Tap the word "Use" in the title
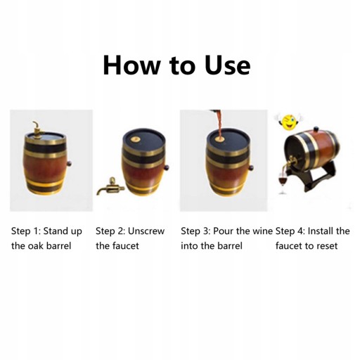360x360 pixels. tap(227, 65)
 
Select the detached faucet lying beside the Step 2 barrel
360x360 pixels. tap(110, 186)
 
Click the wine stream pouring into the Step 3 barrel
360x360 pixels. tap(219, 124)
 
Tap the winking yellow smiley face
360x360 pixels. tap(288, 122)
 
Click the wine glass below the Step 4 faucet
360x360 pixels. tap(283, 184)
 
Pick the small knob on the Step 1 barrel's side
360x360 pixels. tap(69, 164)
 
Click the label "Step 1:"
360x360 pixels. tap(26, 231)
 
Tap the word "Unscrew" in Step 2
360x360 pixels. tap(146, 231)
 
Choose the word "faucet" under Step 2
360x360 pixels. tap(126, 246)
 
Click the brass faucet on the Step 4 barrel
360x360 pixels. tap(290, 162)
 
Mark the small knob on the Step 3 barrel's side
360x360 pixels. tap(251, 168)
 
